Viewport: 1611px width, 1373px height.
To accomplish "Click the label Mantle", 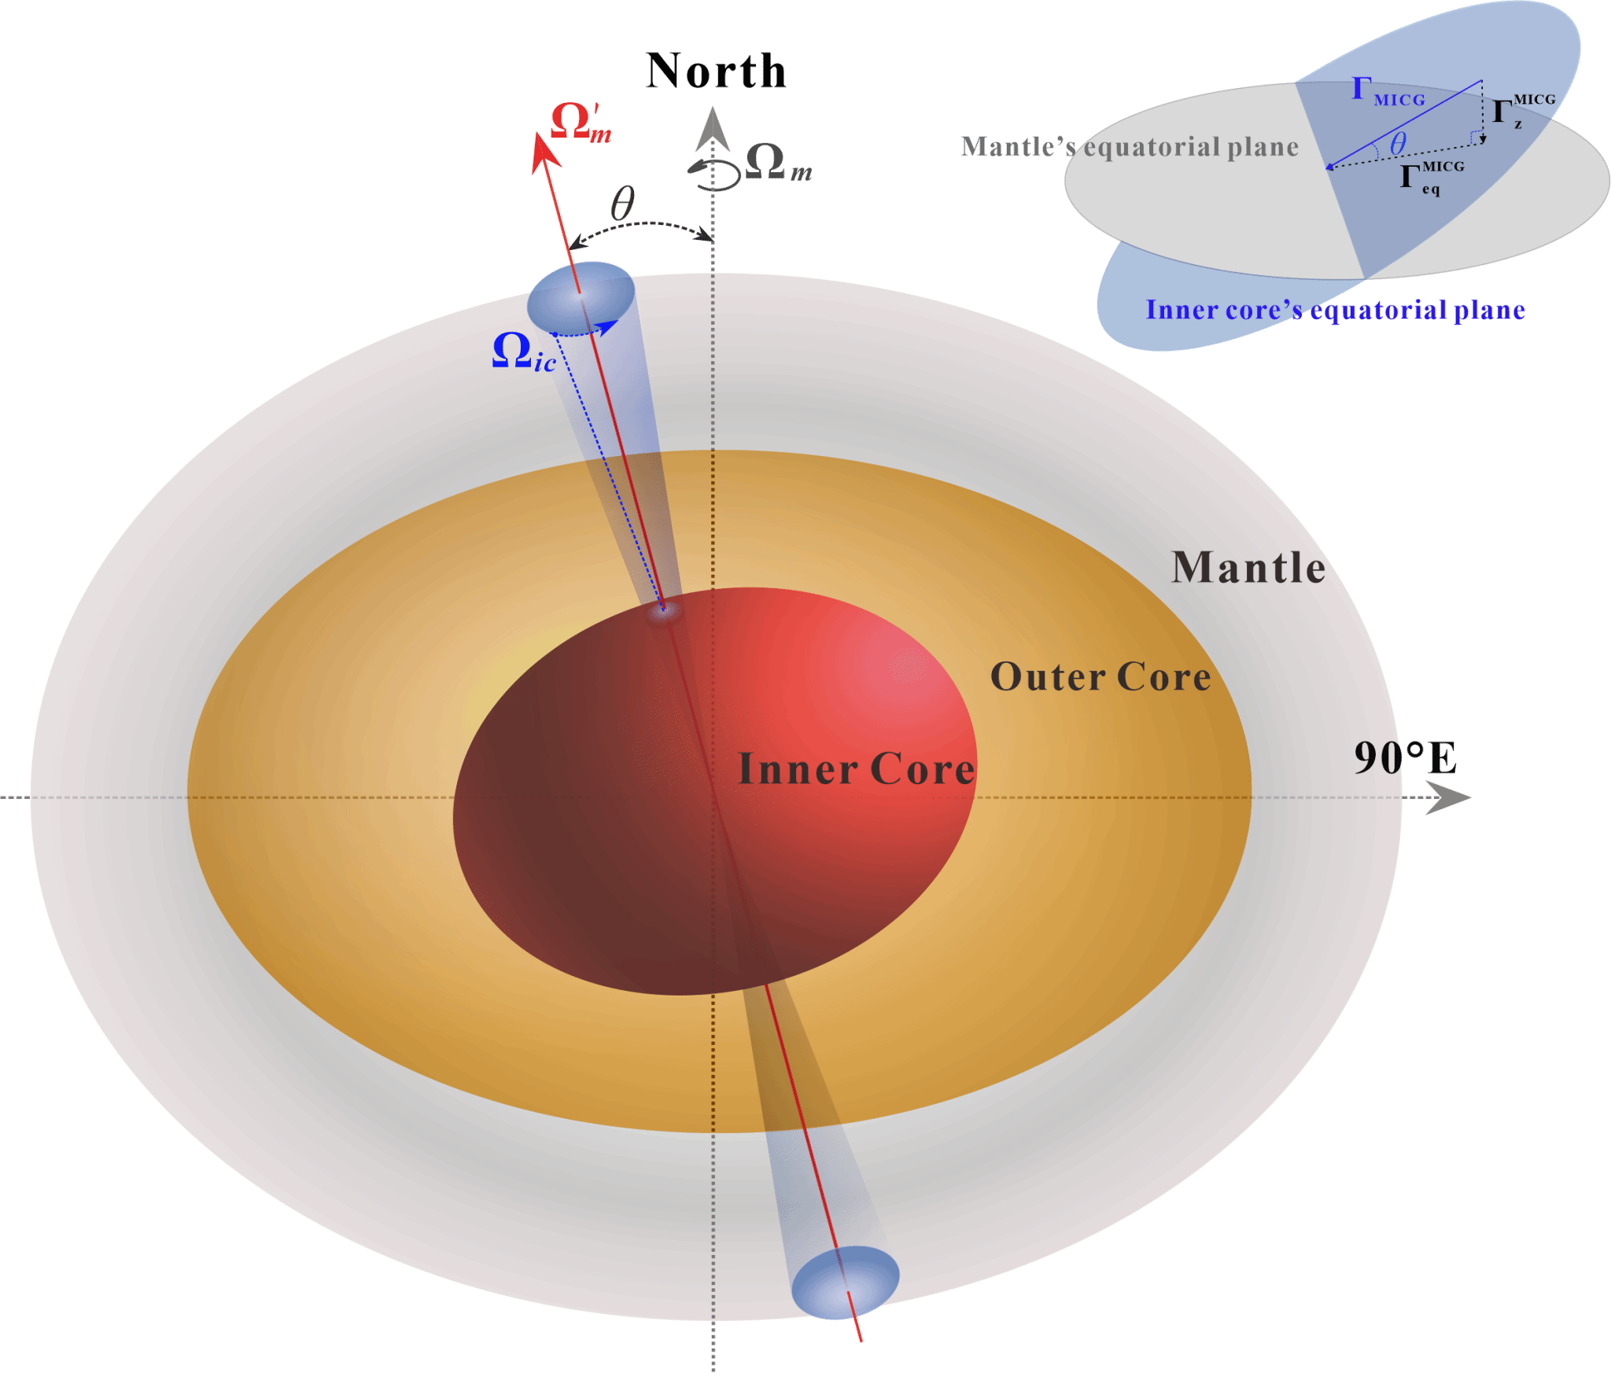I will (x=1248, y=568).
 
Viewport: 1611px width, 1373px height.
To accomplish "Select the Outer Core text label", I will (x=1100, y=677).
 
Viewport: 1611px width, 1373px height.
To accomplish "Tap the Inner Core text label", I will (x=856, y=769).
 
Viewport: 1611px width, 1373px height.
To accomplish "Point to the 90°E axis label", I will (x=1404, y=759).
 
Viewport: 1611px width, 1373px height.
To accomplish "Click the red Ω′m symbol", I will (x=581, y=123).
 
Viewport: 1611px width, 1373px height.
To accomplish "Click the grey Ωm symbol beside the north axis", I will (x=777, y=163).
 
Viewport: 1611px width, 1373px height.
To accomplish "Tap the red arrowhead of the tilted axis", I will (x=544, y=151).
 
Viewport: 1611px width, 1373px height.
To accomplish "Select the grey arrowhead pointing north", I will (x=713, y=128).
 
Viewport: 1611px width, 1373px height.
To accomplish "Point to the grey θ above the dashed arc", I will (x=622, y=204).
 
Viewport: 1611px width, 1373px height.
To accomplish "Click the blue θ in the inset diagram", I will (x=1397, y=145).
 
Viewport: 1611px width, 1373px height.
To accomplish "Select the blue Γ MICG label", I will (x=1388, y=92).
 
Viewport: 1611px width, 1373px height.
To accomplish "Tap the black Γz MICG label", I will (x=1523, y=112).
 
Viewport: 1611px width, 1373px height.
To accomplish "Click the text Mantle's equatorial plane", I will (x=1129, y=147).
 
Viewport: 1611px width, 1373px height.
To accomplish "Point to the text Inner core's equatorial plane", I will (x=1335, y=310).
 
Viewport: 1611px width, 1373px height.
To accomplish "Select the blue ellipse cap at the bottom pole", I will (x=845, y=1282).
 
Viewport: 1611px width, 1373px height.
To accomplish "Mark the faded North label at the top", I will (x=717, y=71).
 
